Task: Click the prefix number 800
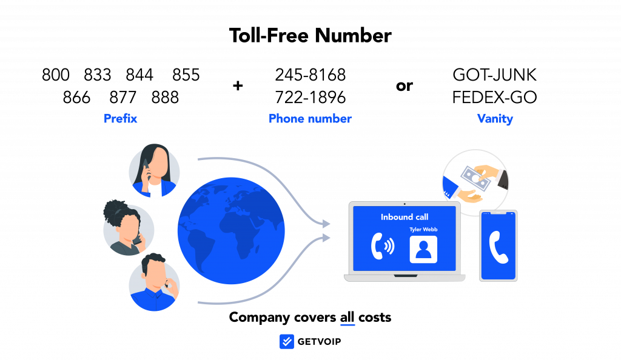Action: (55, 75)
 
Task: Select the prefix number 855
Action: (186, 75)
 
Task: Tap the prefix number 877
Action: (123, 98)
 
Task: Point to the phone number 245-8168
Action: (310, 75)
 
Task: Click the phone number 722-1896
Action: (310, 98)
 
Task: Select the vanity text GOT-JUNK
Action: (495, 75)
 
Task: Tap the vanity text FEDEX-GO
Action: (495, 98)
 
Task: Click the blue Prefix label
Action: (121, 119)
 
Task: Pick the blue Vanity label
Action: (495, 119)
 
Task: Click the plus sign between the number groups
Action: (238, 85)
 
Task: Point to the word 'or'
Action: (404, 86)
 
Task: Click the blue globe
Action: (231, 231)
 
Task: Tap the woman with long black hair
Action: (155, 171)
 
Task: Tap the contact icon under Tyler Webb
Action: (423, 250)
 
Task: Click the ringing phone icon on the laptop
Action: (383, 246)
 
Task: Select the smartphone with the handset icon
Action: (498, 245)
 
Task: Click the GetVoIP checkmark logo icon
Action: (287, 341)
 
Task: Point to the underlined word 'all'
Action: (347, 318)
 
